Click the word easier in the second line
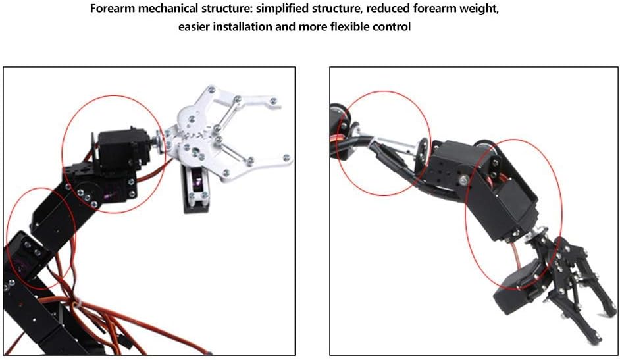coord(194,27)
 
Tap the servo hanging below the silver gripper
coord(197,188)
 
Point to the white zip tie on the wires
coord(78,304)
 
